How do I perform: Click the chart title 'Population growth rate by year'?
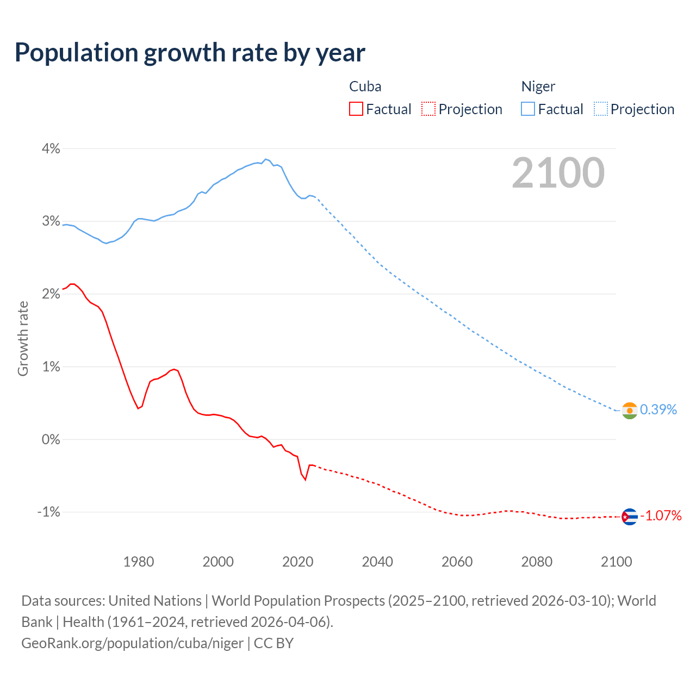coord(190,53)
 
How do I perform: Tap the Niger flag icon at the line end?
coord(629,411)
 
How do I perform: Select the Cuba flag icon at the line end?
coord(629,516)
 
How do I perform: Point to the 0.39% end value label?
coord(658,409)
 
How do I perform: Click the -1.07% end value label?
coord(660,515)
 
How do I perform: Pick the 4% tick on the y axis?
coord(51,148)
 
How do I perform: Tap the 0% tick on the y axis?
coord(51,439)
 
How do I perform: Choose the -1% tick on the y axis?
coord(48,512)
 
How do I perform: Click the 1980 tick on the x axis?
coord(139,562)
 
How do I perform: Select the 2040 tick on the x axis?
coord(377,562)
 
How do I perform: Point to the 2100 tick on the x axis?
coord(616,562)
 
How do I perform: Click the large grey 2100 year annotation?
coord(558,172)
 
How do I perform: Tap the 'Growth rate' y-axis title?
coord(23,338)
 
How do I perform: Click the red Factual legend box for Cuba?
coord(356,109)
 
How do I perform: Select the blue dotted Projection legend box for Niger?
coord(601,109)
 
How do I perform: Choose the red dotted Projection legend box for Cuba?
coord(428,109)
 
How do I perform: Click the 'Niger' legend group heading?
coord(538,86)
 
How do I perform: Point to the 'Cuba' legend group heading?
coord(365,86)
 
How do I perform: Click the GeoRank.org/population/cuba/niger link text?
coord(132,643)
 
